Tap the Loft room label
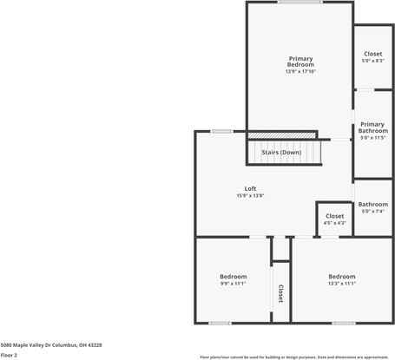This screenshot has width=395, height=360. click(x=250, y=188)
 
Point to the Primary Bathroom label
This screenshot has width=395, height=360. click(x=372, y=128)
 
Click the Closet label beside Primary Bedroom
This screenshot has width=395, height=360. click(x=372, y=54)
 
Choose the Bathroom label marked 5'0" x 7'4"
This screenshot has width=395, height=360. click(x=372, y=205)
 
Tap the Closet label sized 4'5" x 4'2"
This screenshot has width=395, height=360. click(x=334, y=216)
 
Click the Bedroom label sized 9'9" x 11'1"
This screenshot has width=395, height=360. click(x=234, y=277)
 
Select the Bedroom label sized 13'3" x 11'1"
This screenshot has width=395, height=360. click(x=341, y=277)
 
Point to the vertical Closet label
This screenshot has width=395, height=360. click(x=280, y=293)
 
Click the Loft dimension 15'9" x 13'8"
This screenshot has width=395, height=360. click(x=250, y=196)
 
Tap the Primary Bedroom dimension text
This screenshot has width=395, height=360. click(x=300, y=72)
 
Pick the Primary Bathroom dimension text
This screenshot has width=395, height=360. click(x=372, y=138)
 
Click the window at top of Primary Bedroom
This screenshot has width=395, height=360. click(x=300, y=3)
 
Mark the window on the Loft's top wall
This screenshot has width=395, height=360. click(x=221, y=131)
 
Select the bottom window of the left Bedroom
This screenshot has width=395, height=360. click(x=220, y=323)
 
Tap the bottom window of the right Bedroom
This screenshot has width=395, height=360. click(x=344, y=323)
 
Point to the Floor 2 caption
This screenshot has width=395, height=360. click(x=10, y=355)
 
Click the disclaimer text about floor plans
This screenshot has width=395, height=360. click(x=293, y=357)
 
